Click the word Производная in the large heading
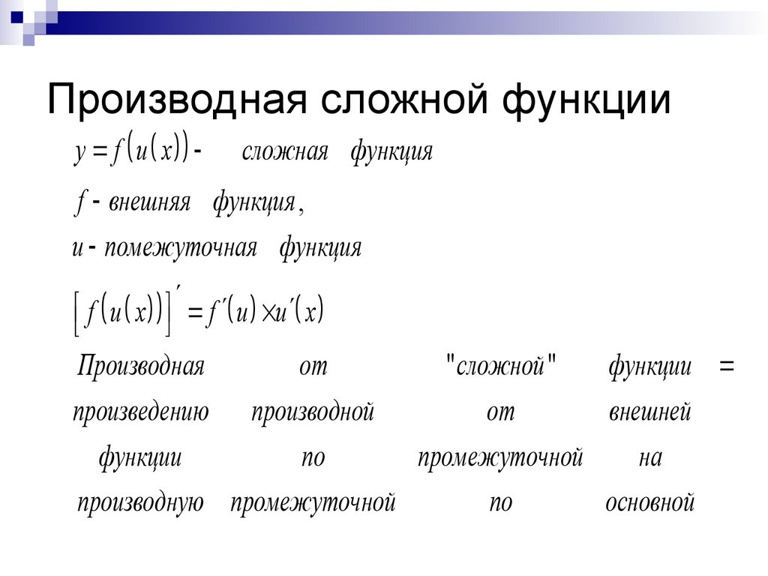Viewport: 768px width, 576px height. [x=177, y=100]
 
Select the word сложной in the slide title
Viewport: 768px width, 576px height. [x=404, y=100]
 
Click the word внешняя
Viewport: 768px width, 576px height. [x=149, y=202]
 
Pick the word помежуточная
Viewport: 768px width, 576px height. [x=181, y=247]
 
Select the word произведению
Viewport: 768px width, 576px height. [x=140, y=412]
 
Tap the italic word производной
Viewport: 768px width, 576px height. [x=313, y=412]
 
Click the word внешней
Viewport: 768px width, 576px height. [x=650, y=412]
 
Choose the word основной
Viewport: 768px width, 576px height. [x=650, y=502]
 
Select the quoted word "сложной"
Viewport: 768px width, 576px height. [x=501, y=366]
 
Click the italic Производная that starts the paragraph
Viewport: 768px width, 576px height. [x=140, y=366]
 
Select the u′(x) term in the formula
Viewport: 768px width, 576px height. [x=299, y=310]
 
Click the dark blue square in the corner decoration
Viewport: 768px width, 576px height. [x=16, y=18]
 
